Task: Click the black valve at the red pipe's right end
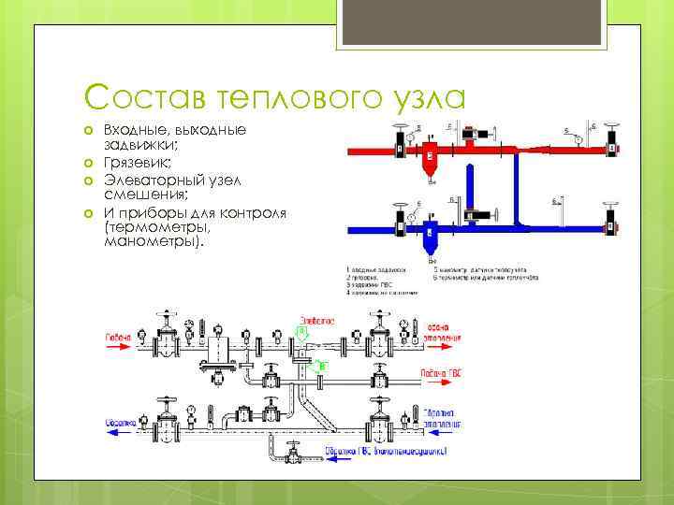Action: point(612,148)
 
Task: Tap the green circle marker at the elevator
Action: point(301,331)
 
